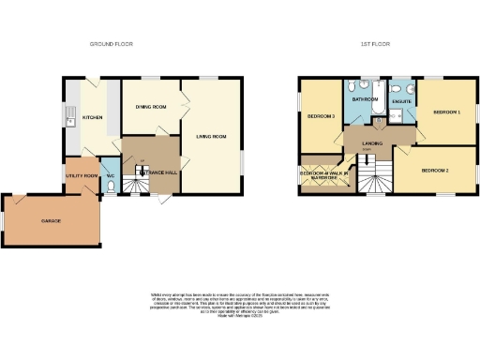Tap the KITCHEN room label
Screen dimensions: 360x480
92,117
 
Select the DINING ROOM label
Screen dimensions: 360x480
149,105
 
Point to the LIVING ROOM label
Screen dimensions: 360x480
212,137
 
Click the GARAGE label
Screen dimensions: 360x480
51,221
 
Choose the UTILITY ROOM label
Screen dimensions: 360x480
82,175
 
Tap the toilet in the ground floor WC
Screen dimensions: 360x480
111,187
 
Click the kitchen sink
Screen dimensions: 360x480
70,117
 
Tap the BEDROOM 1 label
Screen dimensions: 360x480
446,112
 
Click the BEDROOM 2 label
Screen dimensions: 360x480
435,171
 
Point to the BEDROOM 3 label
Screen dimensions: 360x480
322,116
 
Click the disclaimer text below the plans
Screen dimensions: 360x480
240,303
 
